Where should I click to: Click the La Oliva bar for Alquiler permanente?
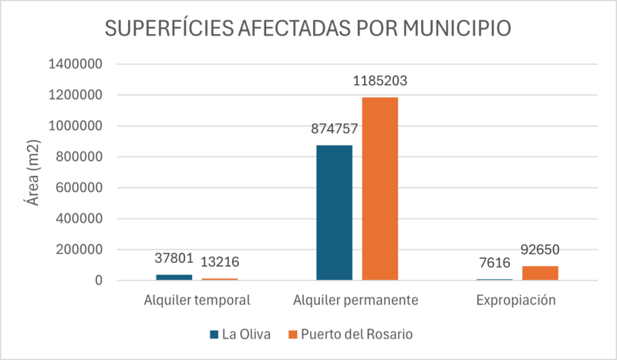tap(334, 212)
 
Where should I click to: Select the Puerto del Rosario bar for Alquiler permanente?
tap(380, 188)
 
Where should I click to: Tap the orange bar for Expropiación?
tap(540, 273)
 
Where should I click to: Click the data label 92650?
tap(540, 250)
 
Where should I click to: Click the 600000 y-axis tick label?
tap(79, 188)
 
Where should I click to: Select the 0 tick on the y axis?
tap(99, 281)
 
